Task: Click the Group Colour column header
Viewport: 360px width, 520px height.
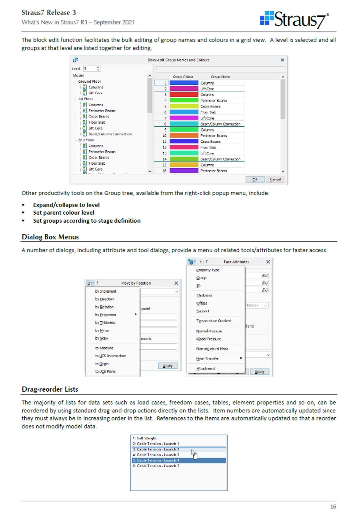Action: [x=183, y=77]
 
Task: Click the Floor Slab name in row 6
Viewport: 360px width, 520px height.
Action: [x=207, y=112]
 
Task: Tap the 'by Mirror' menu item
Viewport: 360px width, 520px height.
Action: [x=102, y=331]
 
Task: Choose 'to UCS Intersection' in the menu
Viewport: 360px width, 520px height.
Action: [x=110, y=356]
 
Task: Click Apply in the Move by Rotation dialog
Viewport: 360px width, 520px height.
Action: [x=168, y=366]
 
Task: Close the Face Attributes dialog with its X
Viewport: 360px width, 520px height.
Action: [x=268, y=262]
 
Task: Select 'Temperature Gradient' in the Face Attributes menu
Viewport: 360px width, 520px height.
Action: [x=214, y=321]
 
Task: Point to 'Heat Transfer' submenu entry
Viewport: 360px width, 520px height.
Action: [x=207, y=359]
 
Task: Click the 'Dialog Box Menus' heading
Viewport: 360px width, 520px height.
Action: [x=50, y=237]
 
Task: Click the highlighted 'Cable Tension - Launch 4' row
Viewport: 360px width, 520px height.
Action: [x=156, y=460]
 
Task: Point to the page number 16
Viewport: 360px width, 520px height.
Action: [x=333, y=507]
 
